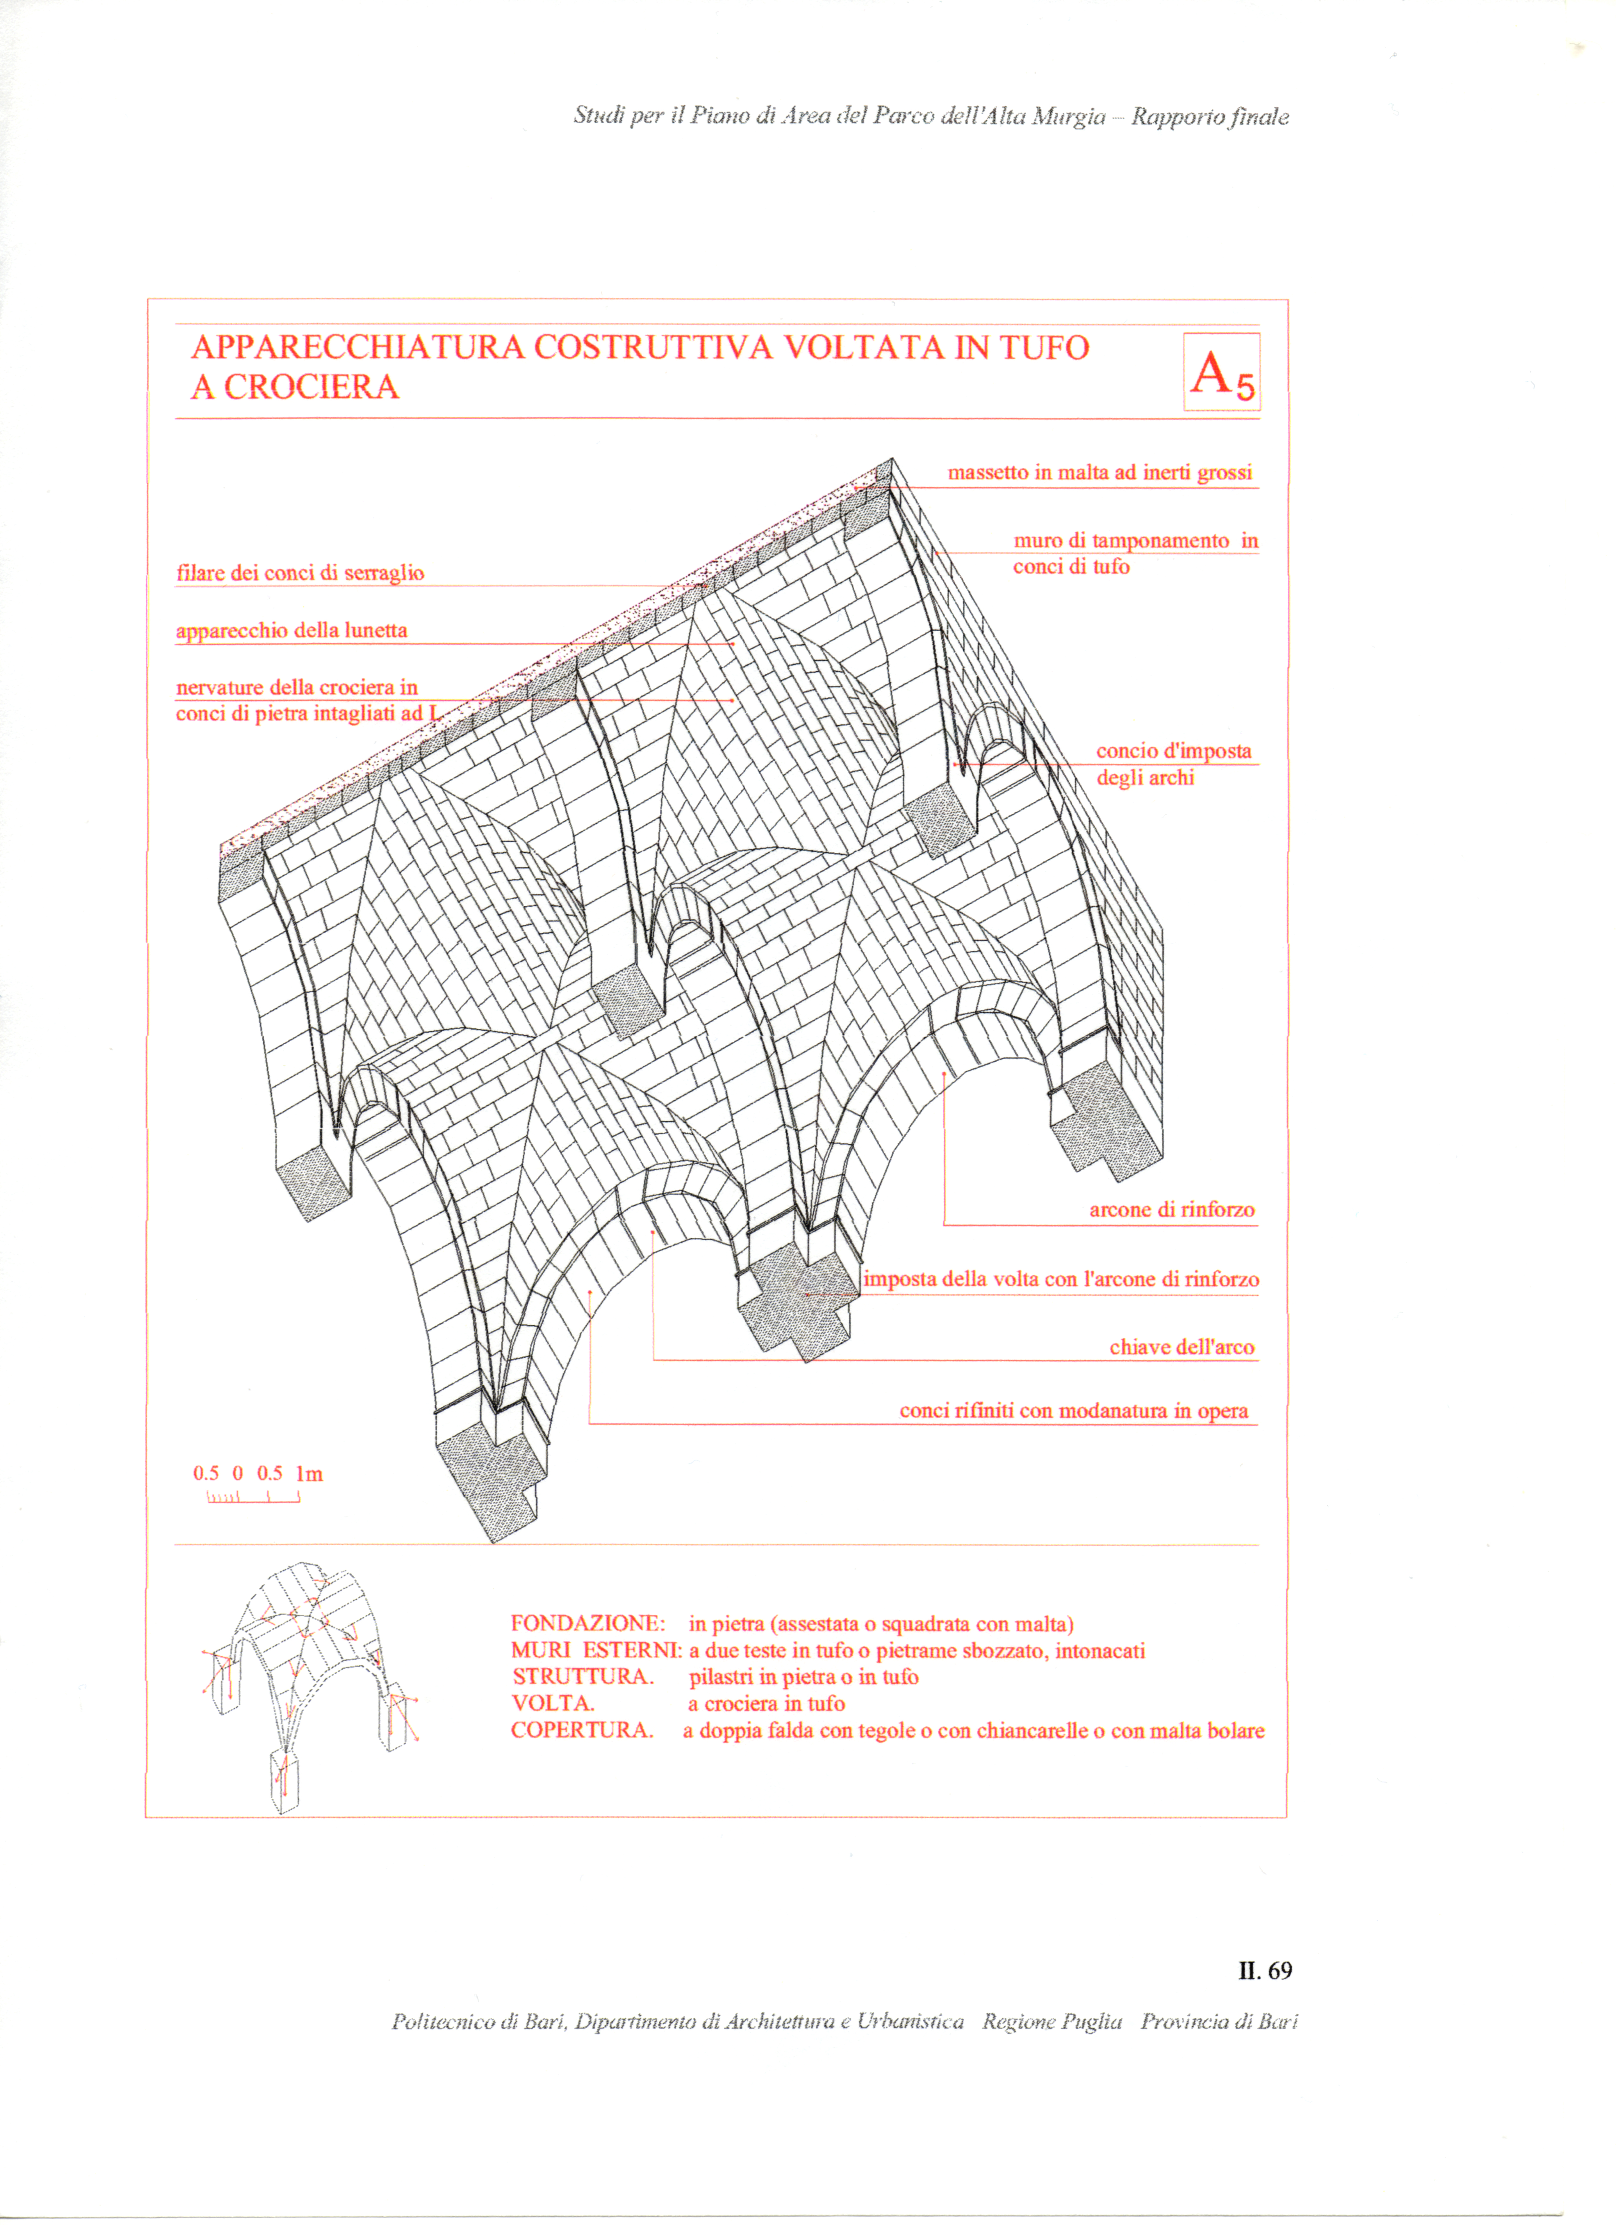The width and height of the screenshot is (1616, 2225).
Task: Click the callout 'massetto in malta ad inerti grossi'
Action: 1099,473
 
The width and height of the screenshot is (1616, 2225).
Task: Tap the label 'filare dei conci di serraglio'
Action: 300,573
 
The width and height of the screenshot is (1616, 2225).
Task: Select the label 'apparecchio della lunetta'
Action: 291,631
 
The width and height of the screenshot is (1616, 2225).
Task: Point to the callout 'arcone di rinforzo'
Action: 1172,1210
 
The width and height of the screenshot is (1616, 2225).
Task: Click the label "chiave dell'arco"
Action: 1182,1347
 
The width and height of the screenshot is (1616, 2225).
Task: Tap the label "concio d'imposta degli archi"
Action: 1173,764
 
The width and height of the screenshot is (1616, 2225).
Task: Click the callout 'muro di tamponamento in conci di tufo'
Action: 1135,553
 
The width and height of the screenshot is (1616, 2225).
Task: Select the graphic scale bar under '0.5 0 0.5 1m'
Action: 253,1497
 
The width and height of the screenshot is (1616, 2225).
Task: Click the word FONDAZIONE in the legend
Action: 587,1624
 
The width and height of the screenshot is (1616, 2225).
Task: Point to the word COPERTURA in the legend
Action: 581,1730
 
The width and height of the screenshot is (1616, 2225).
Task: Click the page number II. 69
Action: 1265,1971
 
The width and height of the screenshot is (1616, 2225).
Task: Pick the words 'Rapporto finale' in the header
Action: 1210,117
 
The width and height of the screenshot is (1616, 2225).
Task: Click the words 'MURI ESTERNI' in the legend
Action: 595,1651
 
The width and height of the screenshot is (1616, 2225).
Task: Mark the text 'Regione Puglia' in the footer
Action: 1052,2022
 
